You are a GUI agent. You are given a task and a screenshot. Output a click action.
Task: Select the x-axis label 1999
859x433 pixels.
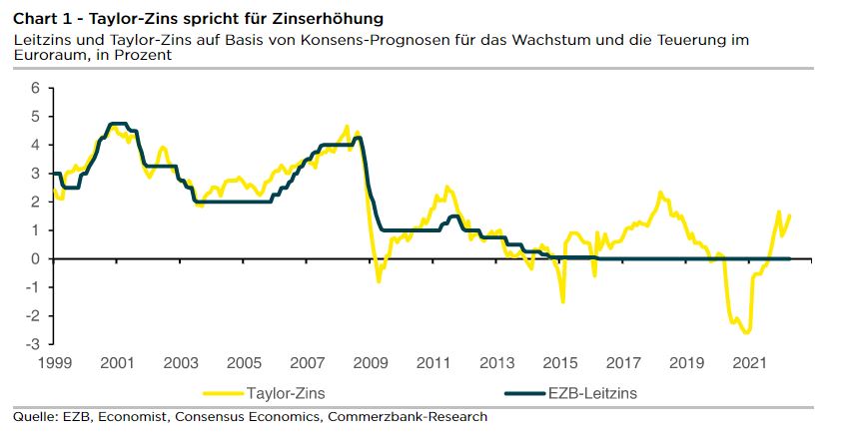[54, 362]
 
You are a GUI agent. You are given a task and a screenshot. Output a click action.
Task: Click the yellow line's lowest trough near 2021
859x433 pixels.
[745, 332]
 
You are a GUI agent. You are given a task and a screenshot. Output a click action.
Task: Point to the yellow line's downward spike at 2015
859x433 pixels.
[562, 301]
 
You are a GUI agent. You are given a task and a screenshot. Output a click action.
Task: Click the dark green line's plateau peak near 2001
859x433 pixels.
[117, 124]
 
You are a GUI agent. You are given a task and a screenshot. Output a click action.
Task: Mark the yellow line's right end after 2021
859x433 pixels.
[790, 216]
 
